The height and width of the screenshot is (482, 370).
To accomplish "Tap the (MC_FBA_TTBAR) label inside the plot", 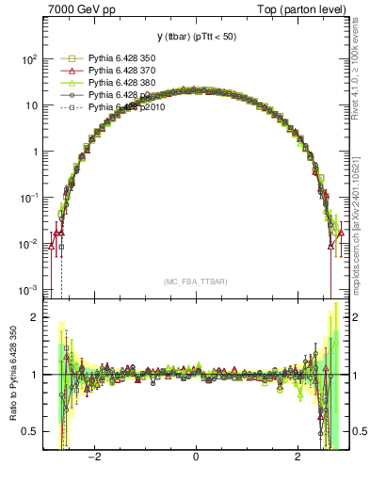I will [196, 281].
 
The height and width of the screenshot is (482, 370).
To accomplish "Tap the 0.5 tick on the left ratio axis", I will [30, 432].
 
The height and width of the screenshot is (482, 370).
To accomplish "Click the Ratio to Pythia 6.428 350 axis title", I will [11, 375].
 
